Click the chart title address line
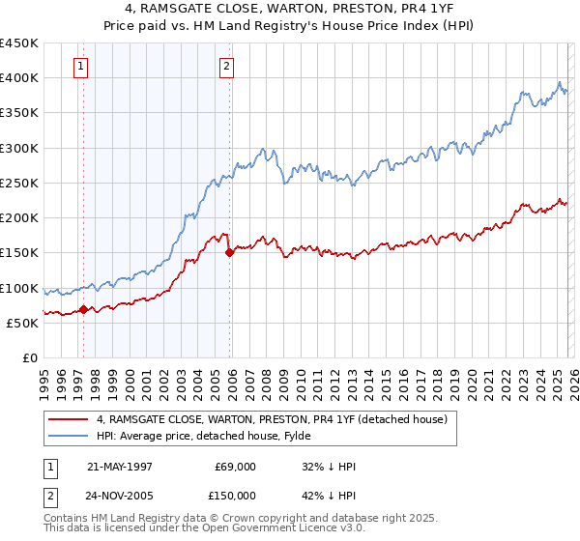click(x=290, y=9)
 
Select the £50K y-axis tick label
click(x=22, y=323)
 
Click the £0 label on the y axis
click(x=30, y=357)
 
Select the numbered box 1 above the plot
click(x=79, y=67)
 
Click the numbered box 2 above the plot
click(x=225, y=67)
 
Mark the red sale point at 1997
click(x=84, y=310)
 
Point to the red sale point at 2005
click(x=230, y=253)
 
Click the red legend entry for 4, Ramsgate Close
click(x=271, y=420)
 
